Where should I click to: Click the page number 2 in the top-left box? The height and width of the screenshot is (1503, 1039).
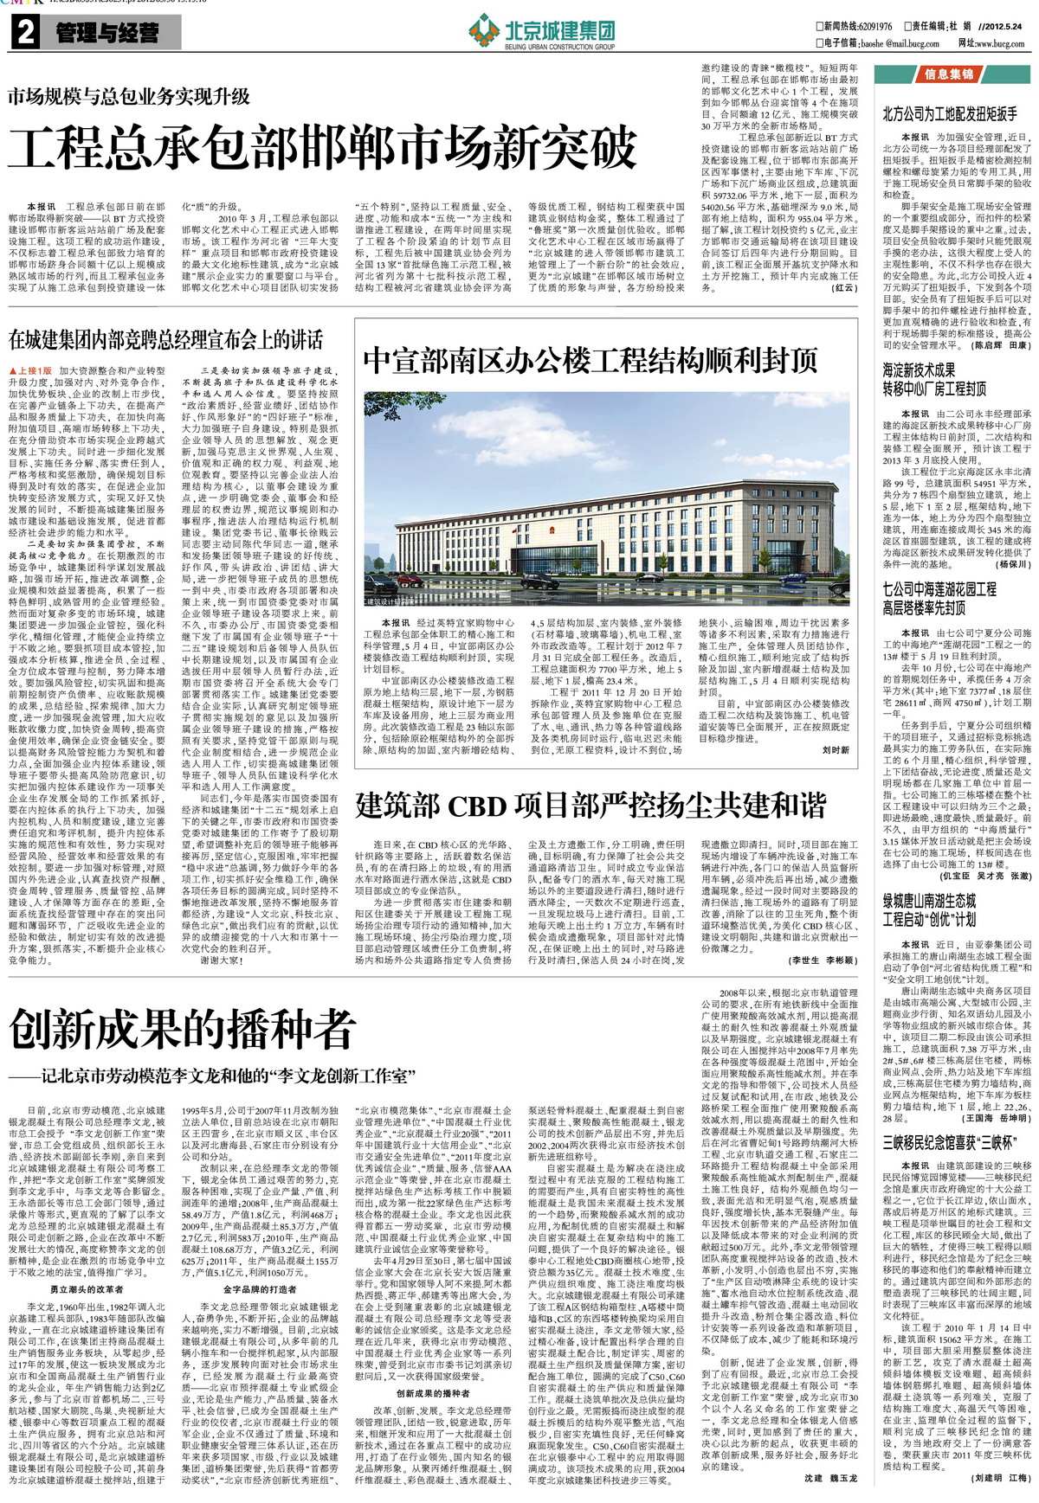coord(25,34)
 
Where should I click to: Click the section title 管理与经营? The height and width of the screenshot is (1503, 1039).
coord(107,34)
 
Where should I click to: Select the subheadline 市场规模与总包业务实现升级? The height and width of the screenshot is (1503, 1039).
coord(129,95)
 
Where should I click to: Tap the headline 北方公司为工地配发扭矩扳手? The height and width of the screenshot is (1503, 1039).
coord(950,113)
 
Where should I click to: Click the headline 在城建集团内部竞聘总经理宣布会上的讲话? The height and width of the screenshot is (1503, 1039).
coord(166,339)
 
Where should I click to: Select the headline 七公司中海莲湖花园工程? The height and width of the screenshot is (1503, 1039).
coord(939,589)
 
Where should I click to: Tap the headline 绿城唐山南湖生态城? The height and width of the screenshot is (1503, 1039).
coord(929,902)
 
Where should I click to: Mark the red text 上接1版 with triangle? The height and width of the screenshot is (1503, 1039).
coord(30,370)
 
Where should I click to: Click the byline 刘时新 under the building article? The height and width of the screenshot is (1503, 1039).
coord(836,726)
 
